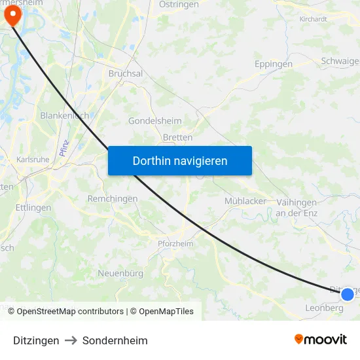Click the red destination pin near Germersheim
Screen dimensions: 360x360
pyautogui.click(x=12, y=16)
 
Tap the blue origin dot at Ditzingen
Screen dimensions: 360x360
pyautogui.click(x=348, y=294)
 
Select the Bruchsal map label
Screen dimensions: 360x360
pyautogui.click(x=125, y=74)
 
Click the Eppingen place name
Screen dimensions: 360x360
pyautogui.click(x=273, y=64)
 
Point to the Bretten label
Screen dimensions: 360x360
pyautogui.click(x=177, y=137)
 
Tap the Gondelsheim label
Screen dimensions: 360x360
pyautogui.click(x=155, y=121)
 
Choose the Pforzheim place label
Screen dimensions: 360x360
pyautogui.click(x=175, y=243)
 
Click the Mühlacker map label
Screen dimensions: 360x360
pyautogui.click(x=245, y=201)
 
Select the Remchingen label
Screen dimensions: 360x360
pyautogui.click(x=113, y=198)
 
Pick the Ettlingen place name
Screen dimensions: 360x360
pyautogui.click(x=34, y=207)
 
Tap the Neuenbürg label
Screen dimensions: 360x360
pyautogui.click(x=120, y=272)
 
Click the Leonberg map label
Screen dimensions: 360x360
pyautogui.click(x=324, y=308)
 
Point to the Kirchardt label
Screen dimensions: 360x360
pyautogui.click(x=313, y=19)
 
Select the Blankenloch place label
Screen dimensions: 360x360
pyautogui.click(x=64, y=115)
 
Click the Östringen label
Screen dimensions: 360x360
pyautogui.click(x=179, y=4)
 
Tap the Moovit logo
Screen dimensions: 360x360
pyautogui.click(x=320, y=339)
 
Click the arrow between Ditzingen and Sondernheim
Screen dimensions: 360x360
pyautogui.click(x=71, y=340)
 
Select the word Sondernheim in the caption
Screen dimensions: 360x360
pyautogui.click(x=115, y=340)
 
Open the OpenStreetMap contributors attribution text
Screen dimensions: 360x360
pyautogui.click(x=70, y=312)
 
